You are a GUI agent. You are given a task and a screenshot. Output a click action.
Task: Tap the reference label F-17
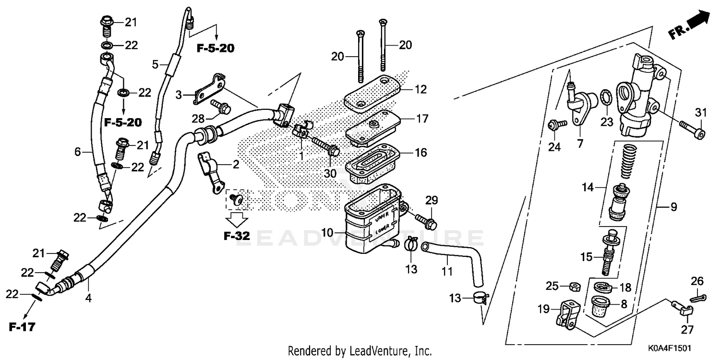click(x=22, y=328)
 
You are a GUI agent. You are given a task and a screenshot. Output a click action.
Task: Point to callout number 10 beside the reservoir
click(x=327, y=233)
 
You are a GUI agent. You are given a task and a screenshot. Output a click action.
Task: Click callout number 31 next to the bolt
click(x=701, y=113)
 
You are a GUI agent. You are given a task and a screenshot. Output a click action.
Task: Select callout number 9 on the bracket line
click(x=673, y=207)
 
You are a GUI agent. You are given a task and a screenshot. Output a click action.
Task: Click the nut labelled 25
click(x=573, y=287)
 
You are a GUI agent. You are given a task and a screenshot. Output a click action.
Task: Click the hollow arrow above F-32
click(x=237, y=219)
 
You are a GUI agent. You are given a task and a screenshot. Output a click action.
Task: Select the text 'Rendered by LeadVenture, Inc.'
click(x=360, y=351)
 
